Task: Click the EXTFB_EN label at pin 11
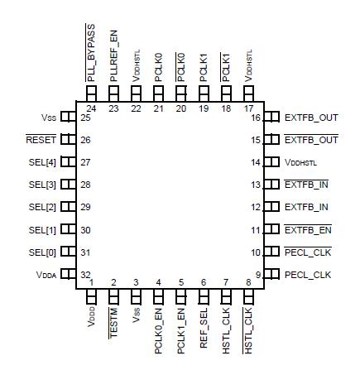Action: pos(307,229)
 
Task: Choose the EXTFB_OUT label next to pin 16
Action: pos(311,118)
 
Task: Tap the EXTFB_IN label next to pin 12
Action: pos(306,207)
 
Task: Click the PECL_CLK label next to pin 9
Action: pos(307,274)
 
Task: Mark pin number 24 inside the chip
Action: pos(92,108)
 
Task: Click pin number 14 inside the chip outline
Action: pos(256,162)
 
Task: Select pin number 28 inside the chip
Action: pos(85,185)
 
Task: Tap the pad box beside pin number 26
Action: pos(68,140)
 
